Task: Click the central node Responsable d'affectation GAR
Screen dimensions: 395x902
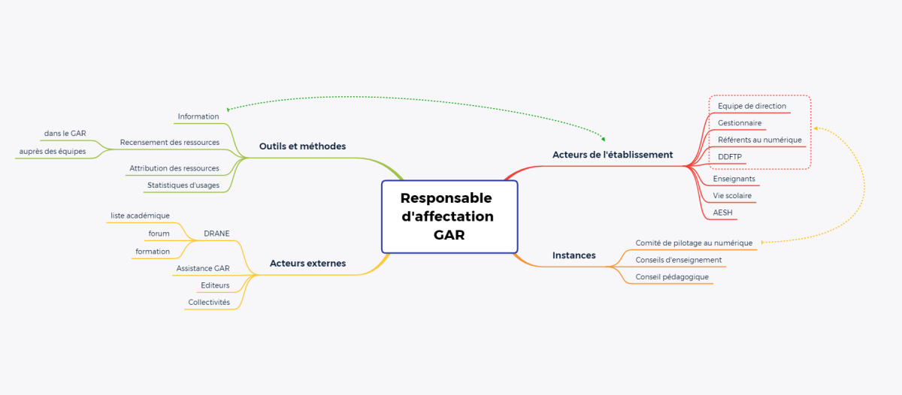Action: click(449, 216)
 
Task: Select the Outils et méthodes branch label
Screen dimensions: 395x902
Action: click(302, 146)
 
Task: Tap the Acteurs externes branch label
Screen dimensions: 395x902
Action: click(307, 264)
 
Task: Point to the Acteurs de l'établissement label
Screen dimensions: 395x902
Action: click(613, 155)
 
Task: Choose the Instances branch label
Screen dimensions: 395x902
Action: click(574, 255)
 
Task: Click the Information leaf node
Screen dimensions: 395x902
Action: click(198, 116)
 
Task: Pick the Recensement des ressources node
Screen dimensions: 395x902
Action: click(170, 142)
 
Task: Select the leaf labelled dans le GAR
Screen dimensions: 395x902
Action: click(65, 134)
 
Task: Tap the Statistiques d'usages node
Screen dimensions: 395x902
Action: click(183, 185)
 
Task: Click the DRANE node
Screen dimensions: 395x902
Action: click(216, 234)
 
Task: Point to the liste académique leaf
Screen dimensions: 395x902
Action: click(140, 216)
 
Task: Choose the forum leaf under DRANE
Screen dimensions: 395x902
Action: click(159, 234)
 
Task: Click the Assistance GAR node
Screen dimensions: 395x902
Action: click(203, 268)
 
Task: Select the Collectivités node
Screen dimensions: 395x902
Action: click(209, 302)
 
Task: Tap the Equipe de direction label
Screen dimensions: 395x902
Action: click(752, 106)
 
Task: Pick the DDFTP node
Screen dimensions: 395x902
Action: click(730, 156)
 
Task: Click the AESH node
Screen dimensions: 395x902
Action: click(723, 213)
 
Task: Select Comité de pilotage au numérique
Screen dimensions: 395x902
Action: click(694, 243)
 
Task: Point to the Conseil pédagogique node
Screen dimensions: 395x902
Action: click(672, 276)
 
